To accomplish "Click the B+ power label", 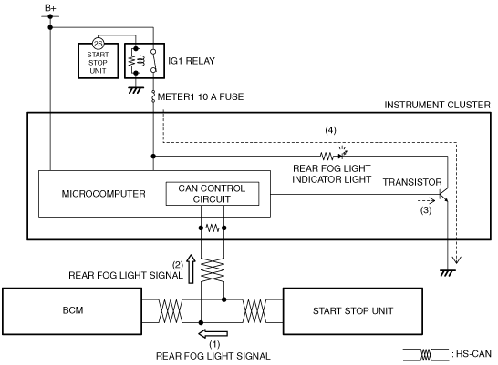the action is (50, 8).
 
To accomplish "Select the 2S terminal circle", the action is (99, 44).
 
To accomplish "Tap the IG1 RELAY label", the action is (192, 61).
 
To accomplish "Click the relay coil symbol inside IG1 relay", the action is (136, 61).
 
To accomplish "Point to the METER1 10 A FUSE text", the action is (201, 96).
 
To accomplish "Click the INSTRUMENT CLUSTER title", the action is (437, 105).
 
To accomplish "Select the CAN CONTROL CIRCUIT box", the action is (213, 194).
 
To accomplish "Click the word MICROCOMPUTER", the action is (104, 194).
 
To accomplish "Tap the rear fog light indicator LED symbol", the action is (342, 154).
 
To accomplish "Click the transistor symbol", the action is (443, 195).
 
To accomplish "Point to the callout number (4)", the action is (330, 130).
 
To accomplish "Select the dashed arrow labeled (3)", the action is (426, 200).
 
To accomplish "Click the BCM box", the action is (72, 311).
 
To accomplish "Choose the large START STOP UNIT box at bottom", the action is (353, 311).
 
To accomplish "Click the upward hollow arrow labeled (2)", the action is (191, 269).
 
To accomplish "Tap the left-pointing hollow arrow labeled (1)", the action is (213, 333).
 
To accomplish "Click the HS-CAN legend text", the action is (473, 354).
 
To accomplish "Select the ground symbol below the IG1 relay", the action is (136, 90).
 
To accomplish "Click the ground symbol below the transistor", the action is (448, 273).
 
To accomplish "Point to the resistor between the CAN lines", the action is (213, 228).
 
